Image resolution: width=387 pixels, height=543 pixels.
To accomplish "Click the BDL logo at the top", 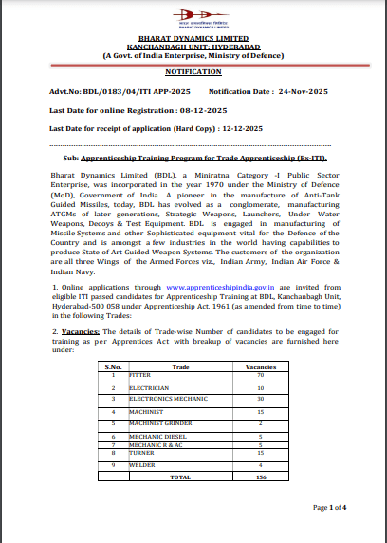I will pos(193,19).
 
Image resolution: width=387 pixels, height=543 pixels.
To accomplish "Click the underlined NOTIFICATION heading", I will pos(193,71).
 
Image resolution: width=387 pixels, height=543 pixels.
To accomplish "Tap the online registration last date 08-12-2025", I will pos(200,110).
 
